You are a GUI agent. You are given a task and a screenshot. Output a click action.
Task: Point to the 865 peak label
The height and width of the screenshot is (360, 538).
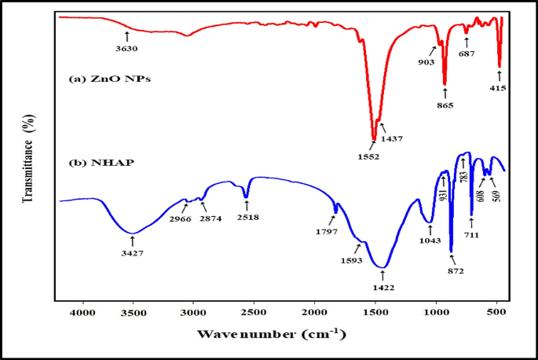(x=445, y=105)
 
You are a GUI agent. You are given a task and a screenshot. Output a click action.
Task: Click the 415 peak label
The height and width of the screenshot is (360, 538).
(x=497, y=88)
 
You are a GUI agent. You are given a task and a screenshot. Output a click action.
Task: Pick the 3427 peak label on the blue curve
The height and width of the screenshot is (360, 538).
(x=134, y=254)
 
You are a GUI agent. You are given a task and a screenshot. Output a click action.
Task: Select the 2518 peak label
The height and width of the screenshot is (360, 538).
(x=247, y=217)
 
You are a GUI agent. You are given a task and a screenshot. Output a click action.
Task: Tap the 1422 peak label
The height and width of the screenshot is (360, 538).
(x=382, y=288)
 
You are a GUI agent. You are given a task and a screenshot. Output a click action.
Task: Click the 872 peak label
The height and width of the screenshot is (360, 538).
(x=455, y=271)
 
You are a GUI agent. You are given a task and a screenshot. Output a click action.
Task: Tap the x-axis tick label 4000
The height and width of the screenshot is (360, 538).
(x=82, y=313)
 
